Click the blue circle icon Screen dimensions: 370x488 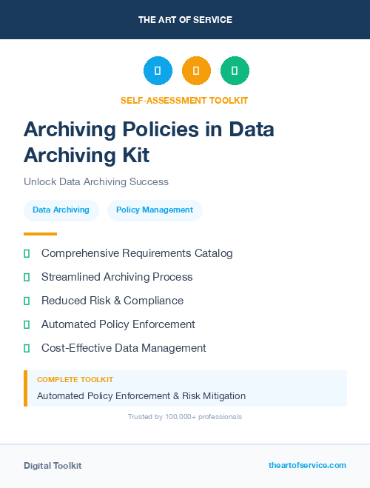click(x=158, y=70)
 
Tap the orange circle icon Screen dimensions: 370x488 click(x=196, y=70)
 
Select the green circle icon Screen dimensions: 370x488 click(x=235, y=70)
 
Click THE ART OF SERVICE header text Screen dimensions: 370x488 click(x=185, y=20)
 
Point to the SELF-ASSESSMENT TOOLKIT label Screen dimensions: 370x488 click(x=184, y=100)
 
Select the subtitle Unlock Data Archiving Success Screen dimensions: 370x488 click(x=96, y=181)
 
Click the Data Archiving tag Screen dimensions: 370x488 click(x=61, y=210)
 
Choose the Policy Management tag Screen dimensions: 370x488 click(x=155, y=210)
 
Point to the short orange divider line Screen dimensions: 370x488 click(x=40, y=234)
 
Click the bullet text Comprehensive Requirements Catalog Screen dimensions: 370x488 click(x=137, y=253)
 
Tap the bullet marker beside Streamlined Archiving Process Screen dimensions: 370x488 click(x=27, y=277)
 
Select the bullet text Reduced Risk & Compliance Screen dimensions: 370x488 click(x=112, y=301)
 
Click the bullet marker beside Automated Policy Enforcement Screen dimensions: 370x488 click(x=27, y=324)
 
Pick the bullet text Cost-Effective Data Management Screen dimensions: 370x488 click(x=124, y=348)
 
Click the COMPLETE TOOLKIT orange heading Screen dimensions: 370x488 click(x=75, y=380)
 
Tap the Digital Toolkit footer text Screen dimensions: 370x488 click(x=53, y=466)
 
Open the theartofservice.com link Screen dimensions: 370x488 click(x=307, y=465)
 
